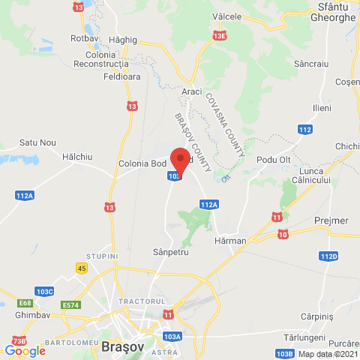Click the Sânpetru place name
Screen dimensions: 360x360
point(169,253)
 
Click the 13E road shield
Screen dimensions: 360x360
point(219,35)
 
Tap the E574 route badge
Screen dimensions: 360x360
point(71,304)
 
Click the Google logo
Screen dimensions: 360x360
point(25,350)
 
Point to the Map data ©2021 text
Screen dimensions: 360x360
point(328,354)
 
